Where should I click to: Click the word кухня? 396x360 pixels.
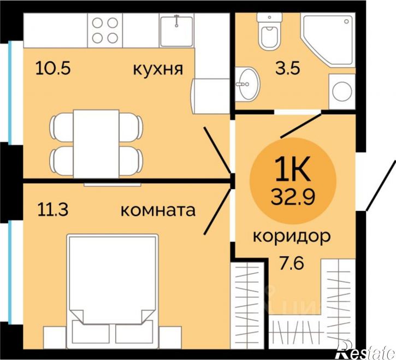click(157, 69)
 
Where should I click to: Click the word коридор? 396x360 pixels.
click(292, 237)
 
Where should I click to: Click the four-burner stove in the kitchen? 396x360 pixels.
click(105, 30)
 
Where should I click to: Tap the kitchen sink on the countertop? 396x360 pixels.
click(177, 30)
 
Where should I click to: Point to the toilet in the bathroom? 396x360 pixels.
click(269, 33)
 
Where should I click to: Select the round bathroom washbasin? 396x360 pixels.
click(249, 85)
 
